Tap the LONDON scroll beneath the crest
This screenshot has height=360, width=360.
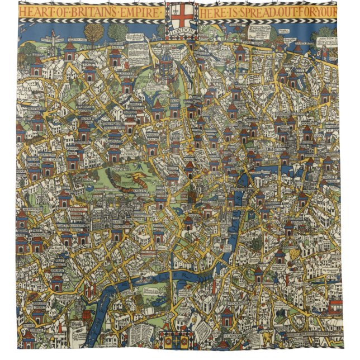[180, 32]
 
